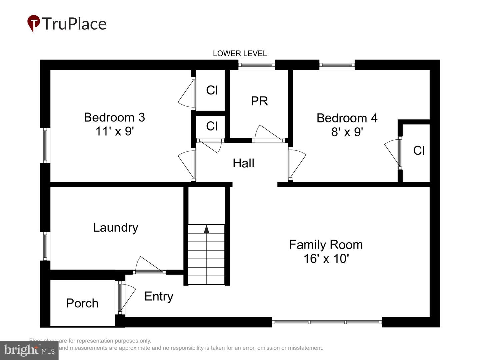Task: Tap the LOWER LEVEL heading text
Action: tap(240, 53)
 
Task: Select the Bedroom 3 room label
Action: tap(114, 117)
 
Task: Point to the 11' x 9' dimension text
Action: tap(114, 131)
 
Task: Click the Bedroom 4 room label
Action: tap(347, 118)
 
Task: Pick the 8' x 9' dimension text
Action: tap(347, 132)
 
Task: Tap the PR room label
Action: tap(259, 101)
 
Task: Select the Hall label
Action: tap(243, 163)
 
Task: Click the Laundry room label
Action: tap(115, 227)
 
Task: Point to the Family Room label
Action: tap(326, 244)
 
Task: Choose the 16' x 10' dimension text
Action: tap(326, 259)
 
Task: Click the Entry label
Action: tap(159, 296)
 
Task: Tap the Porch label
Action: tap(82, 303)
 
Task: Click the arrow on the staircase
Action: tap(206, 229)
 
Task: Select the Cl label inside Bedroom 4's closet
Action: tap(419, 151)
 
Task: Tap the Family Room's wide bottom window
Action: tap(327, 322)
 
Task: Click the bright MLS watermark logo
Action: tap(29, 350)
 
